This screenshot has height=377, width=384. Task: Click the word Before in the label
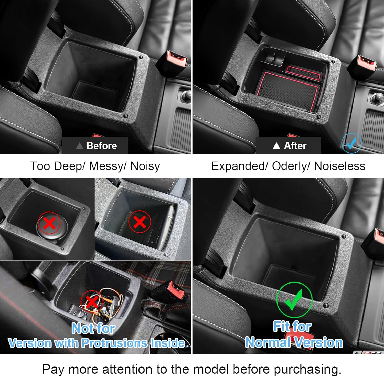click(102, 146)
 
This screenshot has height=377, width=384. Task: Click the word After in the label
click(295, 146)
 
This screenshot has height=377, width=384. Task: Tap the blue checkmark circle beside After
click(351, 143)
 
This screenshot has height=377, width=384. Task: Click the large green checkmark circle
click(294, 300)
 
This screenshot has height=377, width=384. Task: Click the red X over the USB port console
click(140, 222)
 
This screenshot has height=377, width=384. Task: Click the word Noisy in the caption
click(145, 166)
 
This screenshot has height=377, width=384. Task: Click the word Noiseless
click(339, 166)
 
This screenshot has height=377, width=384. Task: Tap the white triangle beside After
click(276, 146)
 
